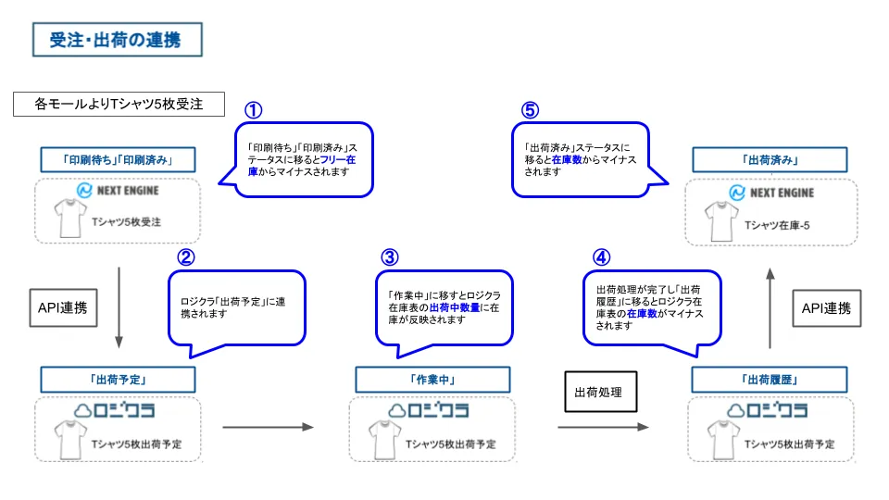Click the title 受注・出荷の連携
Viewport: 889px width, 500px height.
point(115,40)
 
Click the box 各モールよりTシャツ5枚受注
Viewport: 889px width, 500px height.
point(119,104)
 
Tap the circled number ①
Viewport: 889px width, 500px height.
point(253,110)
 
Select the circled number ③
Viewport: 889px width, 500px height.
point(390,256)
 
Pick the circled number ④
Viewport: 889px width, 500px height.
point(601,256)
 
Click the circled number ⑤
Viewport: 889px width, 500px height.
point(529,110)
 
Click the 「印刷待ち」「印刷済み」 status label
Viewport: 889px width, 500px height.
point(119,159)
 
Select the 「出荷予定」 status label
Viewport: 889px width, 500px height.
point(119,379)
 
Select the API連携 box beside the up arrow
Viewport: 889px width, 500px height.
point(826,308)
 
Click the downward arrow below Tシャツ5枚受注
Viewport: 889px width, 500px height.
point(119,306)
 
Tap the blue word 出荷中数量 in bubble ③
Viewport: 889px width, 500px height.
point(455,306)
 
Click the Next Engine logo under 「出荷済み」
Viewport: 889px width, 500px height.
point(770,193)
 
